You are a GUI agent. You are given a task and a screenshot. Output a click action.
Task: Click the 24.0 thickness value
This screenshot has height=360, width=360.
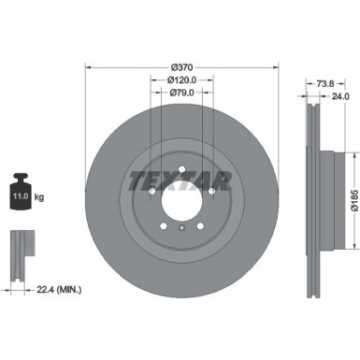pyautogui.click(x=341, y=94)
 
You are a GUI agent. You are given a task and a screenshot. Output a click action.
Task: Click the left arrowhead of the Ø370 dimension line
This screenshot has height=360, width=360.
pyautogui.click(x=88, y=65)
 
